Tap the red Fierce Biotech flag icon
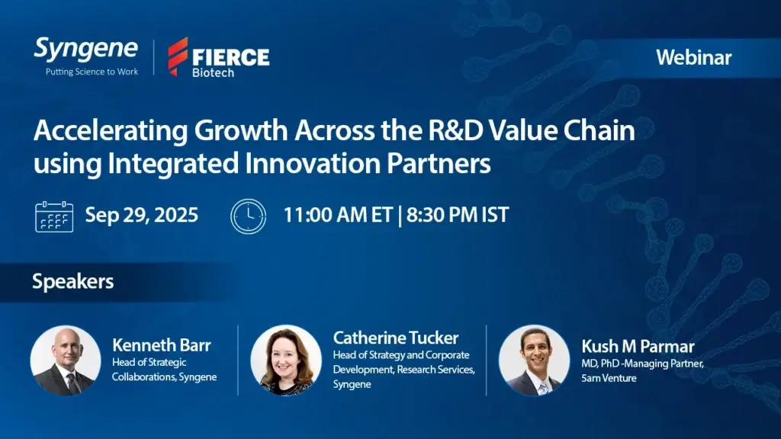[x=178, y=56]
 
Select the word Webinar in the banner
[x=694, y=58]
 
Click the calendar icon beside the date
[x=54, y=216]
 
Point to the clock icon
[x=248, y=216]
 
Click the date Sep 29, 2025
[x=141, y=215]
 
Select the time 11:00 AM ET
[x=338, y=215]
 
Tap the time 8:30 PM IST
[x=458, y=215]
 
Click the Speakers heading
[x=73, y=282]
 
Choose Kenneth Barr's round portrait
[x=66, y=360]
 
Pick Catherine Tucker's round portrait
[x=286, y=360]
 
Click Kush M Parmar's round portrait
[x=534, y=360]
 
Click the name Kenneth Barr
[x=162, y=345]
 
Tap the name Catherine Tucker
[x=396, y=338]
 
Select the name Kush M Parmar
[x=638, y=347]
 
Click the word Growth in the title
[x=240, y=131]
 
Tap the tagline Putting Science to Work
[x=92, y=72]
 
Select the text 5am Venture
[x=609, y=378]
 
